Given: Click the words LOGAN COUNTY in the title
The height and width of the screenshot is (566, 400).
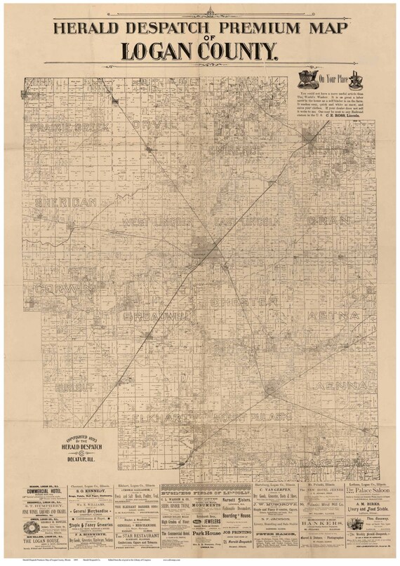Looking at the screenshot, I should [x=199, y=50].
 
